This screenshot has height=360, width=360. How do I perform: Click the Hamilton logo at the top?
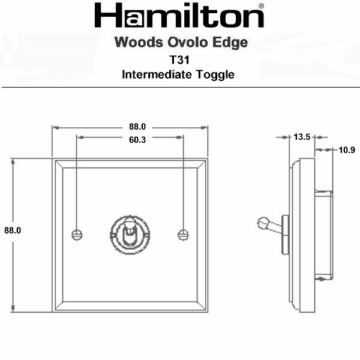[179, 16]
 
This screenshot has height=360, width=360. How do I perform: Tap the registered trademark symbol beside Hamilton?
[261, 6]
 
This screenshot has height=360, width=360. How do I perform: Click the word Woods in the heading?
[139, 43]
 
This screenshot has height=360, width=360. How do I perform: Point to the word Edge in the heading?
[230, 43]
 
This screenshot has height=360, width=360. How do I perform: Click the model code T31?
[179, 60]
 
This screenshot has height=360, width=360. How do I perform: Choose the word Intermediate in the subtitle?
[157, 74]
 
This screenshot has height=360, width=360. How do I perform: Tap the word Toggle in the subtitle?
[215, 75]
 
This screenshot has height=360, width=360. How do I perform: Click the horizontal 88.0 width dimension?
[137, 127]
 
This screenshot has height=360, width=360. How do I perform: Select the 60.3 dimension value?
[137, 140]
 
